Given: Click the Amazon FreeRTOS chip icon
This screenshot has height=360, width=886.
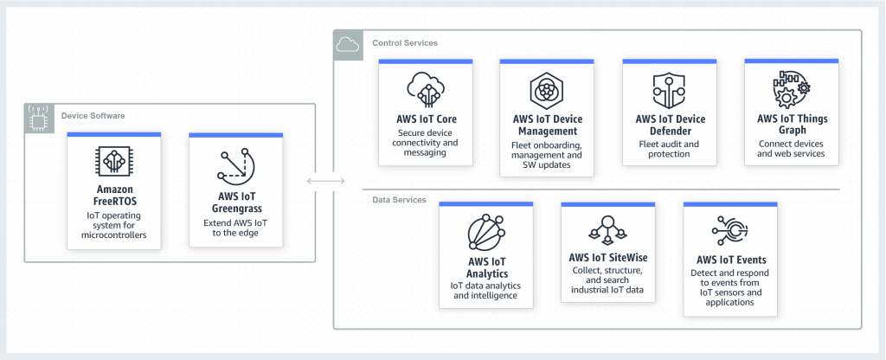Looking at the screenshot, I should coord(114,162).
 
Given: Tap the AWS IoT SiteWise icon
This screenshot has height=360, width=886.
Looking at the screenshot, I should coord(607,228).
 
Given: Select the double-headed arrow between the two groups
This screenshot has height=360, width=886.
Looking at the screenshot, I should coord(325,182).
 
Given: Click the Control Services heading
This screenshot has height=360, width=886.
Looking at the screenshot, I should coord(404,42).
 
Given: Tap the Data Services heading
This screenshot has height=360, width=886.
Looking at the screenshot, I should coord(399,200).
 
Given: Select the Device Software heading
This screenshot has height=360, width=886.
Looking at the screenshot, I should coord(93,115).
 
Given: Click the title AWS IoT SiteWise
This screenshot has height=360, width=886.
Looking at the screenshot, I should coord(607,257).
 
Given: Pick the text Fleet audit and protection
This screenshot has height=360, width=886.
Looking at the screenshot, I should coord(669,149).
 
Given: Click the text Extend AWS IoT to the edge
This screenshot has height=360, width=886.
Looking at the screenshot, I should coord(235,228).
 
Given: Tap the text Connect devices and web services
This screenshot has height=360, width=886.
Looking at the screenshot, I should coord(791,149).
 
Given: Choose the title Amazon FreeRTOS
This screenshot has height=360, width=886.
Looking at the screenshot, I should coord(114,196).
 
